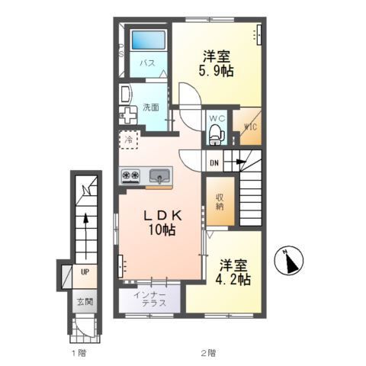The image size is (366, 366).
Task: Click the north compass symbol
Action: pos(289,261)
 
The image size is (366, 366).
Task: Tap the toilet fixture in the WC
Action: pos(217,134)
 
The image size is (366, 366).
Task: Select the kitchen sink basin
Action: pos(159,175)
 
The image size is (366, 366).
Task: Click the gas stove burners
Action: pos(131,175)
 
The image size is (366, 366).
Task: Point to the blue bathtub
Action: pos(148,40)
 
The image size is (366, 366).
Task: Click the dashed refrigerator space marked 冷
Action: pos(129,140)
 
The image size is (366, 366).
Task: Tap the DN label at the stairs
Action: pos(214,163)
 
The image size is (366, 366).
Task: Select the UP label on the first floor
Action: pos(85,272)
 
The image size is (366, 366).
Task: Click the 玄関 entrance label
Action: pos(85,302)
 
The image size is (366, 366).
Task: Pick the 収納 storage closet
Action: pos(220,201)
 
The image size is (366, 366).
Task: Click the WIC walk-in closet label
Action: pos(251,127)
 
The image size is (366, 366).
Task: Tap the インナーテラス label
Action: pos(150,299)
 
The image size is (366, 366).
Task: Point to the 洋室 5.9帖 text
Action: pos(216,64)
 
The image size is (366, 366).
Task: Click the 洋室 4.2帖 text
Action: pos(233,272)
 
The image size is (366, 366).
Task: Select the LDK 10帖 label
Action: pos(162,223)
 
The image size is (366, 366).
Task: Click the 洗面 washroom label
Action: pos(151,108)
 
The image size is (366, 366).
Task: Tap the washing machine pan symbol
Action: pos(128,115)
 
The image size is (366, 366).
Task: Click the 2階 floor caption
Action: pos(209,353)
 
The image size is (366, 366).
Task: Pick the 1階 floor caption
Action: pos(79,353)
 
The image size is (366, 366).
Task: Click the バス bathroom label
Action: pos(148,63)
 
